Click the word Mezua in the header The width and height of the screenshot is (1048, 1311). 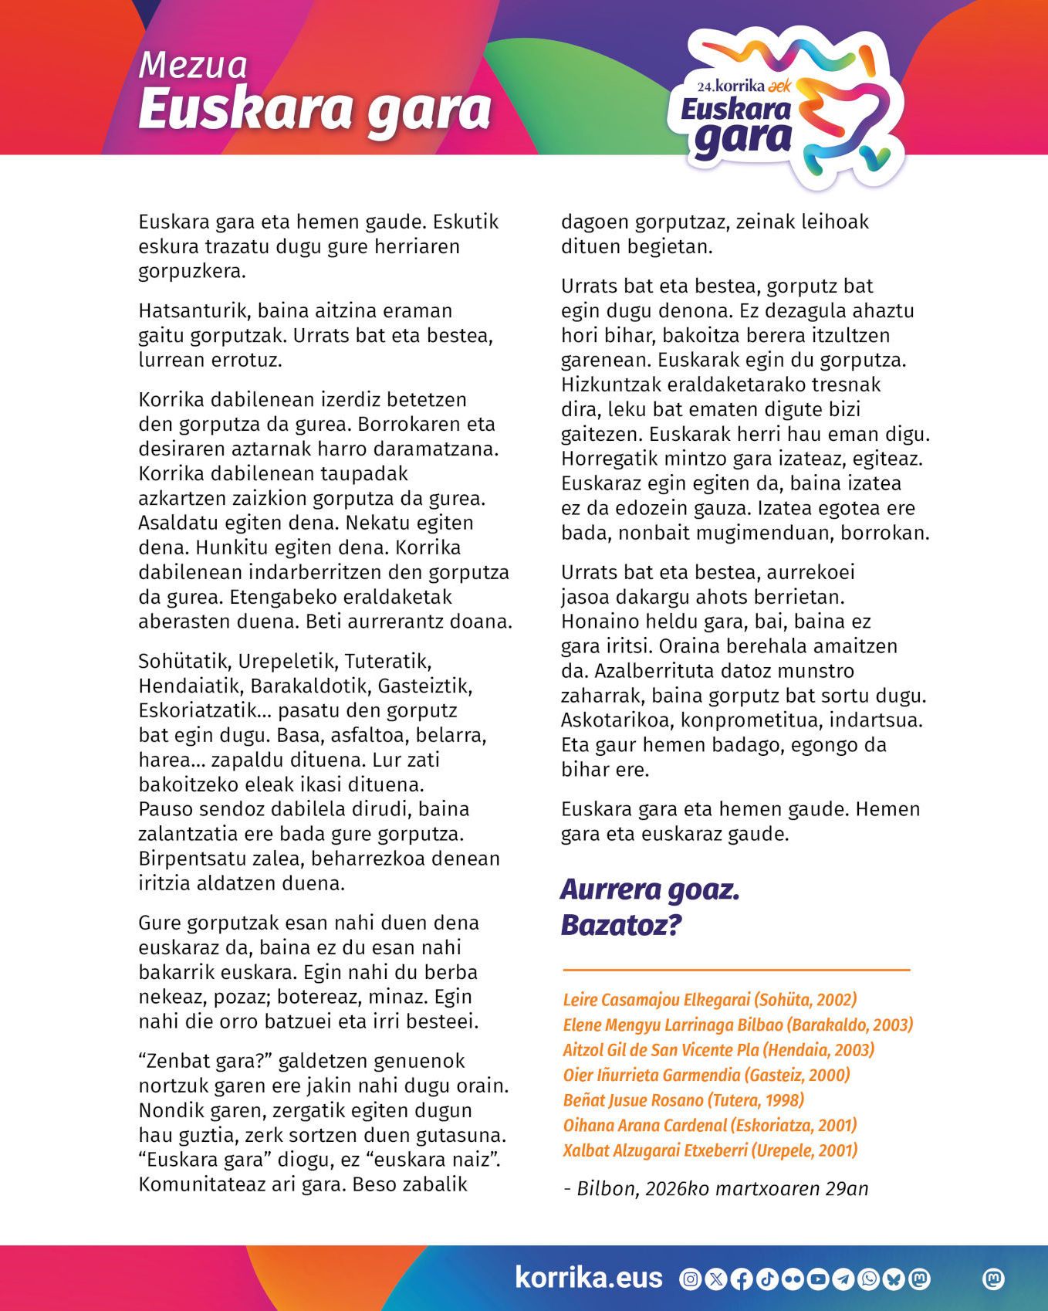click(x=193, y=65)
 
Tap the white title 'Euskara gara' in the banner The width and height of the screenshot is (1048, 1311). click(x=315, y=110)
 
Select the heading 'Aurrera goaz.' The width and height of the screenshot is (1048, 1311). click(x=650, y=889)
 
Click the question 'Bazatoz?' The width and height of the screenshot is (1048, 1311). click(x=621, y=925)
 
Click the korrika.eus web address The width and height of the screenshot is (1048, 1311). click(x=588, y=1278)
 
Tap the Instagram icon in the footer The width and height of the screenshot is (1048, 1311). click(x=690, y=1279)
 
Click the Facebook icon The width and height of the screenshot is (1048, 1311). click(x=741, y=1279)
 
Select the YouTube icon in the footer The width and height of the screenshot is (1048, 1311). click(x=818, y=1279)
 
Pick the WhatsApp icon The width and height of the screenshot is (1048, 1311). click(x=869, y=1279)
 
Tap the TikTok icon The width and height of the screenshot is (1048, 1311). click(x=766, y=1279)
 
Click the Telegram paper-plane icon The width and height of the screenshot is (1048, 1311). click(x=843, y=1279)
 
